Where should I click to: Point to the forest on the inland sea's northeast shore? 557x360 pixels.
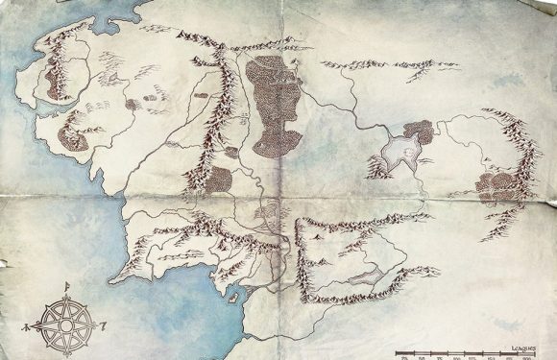tap(419, 132)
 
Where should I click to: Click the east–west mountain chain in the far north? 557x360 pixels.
tap(375, 65)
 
